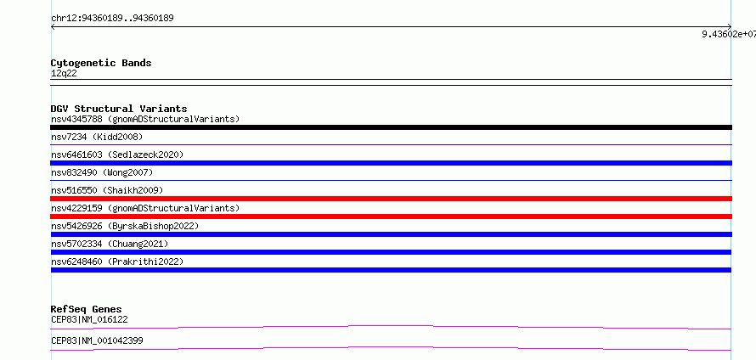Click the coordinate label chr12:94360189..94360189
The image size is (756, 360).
[112, 19]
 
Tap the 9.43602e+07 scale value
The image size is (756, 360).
[729, 34]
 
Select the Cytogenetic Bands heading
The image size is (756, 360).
[101, 63]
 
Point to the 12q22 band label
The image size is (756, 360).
[64, 74]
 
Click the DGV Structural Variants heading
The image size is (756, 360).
[119, 109]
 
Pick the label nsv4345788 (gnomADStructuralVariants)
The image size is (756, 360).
[145, 119]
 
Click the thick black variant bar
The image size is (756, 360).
[391, 127]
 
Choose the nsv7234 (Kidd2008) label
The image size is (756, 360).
[97, 137]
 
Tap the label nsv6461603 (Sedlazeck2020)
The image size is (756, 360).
[117, 155]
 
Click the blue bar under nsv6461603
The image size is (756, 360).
[391, 163]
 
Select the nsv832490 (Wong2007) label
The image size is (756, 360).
[102, 172]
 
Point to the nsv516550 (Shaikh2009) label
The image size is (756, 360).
[107, 190]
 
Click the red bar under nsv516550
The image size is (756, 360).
[391, 199]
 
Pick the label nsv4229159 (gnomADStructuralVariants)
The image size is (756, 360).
[145, 208]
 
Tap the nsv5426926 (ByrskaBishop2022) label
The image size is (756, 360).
[125, 226]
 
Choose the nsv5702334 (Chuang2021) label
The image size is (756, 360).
[110, 244]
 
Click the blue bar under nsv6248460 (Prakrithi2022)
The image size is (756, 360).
[391, 270]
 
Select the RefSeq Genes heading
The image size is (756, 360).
[87, 309]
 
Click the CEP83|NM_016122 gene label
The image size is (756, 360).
[89, 319]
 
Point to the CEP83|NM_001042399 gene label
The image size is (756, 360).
[97, 340]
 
